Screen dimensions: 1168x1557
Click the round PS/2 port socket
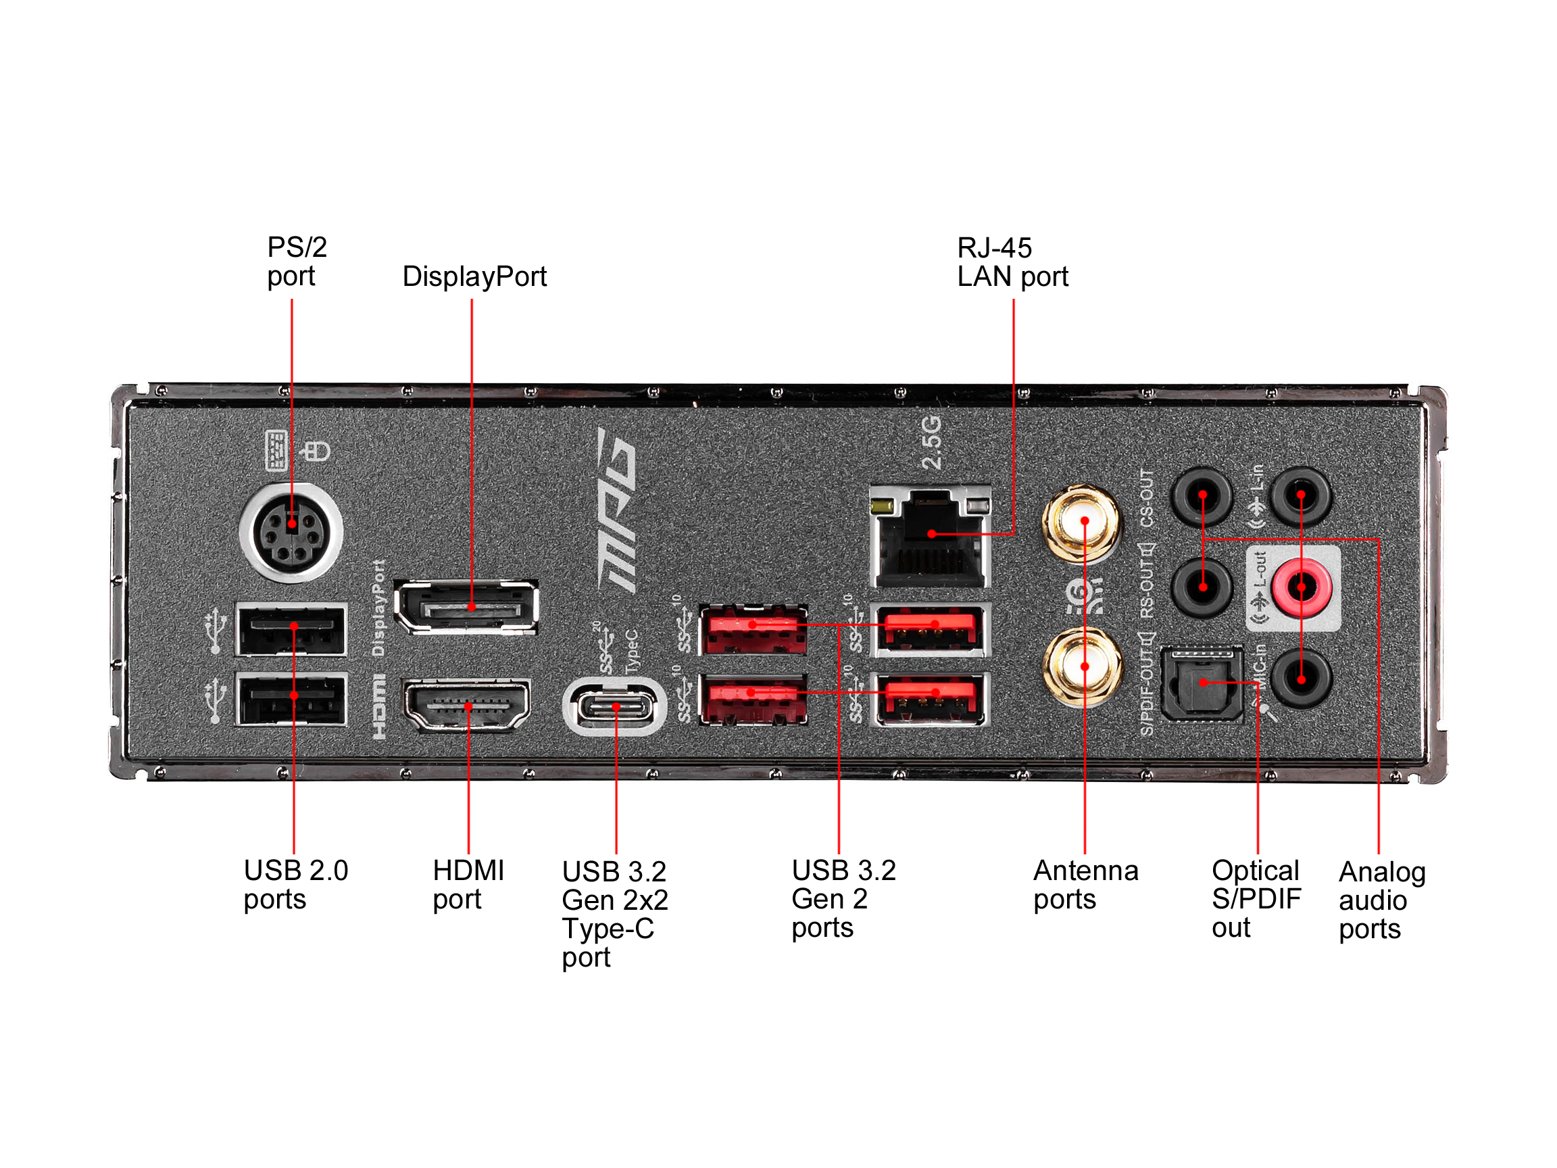[x=291, y=532]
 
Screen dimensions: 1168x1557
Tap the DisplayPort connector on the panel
[x=467, y=606]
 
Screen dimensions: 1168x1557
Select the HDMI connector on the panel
[x=467, y=704]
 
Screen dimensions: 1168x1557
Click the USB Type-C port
[x=614, y=706]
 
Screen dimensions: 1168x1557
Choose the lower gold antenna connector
[x=1082, y=666]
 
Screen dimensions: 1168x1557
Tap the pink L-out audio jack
[x=1301, y=587]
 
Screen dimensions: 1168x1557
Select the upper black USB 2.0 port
[x=291, y=629]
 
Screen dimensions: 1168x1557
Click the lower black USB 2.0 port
[x=291, y=698]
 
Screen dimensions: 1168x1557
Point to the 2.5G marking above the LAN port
[x=931, y=442]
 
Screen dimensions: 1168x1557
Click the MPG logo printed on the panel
[x=617, y=510]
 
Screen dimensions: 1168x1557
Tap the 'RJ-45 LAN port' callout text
[x=1012, y=262]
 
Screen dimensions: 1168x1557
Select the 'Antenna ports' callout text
[x=1085, y=885]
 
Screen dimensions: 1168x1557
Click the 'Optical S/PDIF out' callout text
[x=1256, y=899]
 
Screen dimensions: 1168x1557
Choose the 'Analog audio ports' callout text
[x=1381, y=900]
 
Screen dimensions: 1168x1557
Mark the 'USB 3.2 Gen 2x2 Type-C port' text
[x=614, y=914]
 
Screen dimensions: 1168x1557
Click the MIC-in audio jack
[x=1301, y=679]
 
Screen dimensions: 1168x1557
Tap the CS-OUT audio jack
[x=1202, y=495]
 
